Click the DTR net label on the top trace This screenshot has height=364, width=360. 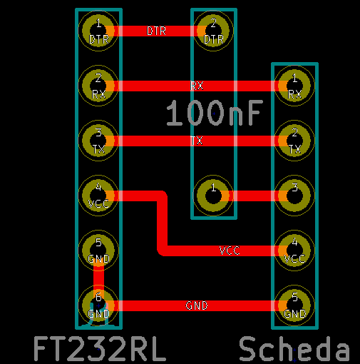(x=156, y=31)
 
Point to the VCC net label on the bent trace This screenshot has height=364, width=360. (x=230, y=251)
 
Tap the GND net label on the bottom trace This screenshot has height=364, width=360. (x=197, y=305)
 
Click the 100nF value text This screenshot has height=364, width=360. (x=215, y=113)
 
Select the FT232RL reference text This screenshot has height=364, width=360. (x=100, y=349)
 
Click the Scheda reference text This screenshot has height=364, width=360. (x=294, y=349)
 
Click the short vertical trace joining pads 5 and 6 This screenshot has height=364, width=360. (x=98, y=278)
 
